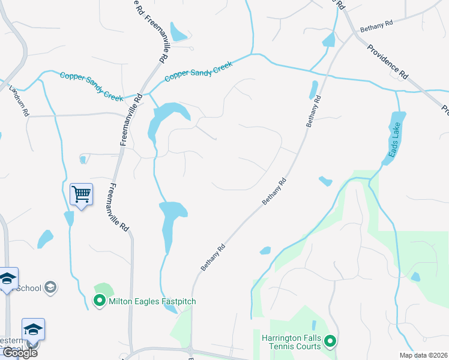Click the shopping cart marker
(81, 194)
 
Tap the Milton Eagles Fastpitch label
(152, 301)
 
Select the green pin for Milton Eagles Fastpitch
(100, 301)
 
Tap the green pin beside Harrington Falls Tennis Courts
(330, 343)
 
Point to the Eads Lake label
(393, 145)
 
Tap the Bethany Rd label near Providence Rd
(376, 26)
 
